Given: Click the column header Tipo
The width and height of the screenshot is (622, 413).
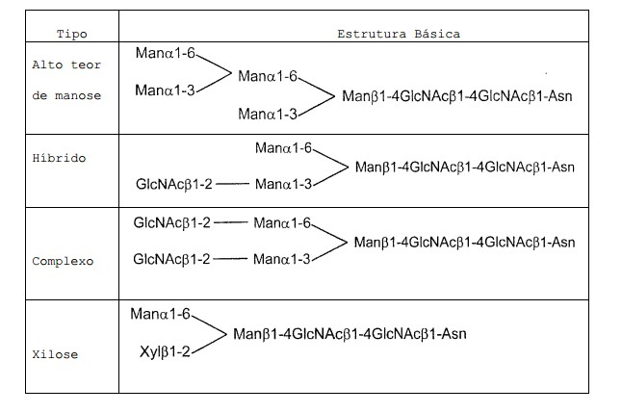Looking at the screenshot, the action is coord(72,34).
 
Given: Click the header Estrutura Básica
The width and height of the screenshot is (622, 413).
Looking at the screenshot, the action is coord(399,34).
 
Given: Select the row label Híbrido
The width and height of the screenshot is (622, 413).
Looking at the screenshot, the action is coord(59,158).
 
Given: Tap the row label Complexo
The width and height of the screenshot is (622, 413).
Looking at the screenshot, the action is coord(63,261).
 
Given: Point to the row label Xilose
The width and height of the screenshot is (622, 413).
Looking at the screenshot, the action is coord(55,354).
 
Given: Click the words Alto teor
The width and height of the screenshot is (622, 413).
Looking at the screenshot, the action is coord(66,65).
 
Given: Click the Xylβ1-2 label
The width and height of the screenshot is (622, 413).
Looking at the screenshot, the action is coord(165,352).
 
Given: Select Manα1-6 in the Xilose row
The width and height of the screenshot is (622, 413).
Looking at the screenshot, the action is coord(160,314).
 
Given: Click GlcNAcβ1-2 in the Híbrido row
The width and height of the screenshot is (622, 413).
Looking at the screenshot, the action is coord(174,184).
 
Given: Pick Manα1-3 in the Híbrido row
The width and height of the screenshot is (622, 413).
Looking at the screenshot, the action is coord(283,184).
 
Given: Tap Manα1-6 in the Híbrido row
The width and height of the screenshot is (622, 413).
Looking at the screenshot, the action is coord(283,148).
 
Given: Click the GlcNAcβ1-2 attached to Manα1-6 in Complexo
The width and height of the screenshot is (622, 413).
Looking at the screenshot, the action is coord(171,223).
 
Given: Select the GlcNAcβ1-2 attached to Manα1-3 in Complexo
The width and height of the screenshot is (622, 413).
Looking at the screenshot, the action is coord(171,259).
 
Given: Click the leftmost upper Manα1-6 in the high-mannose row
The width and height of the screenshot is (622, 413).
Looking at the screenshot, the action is coord(165,53).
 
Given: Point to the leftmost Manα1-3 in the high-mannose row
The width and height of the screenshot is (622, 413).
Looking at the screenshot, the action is coord(165,90).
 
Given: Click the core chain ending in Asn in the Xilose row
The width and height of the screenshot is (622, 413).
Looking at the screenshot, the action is coord(350,334).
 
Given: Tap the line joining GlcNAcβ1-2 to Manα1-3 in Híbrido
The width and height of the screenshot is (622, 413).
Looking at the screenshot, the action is coord(232,184).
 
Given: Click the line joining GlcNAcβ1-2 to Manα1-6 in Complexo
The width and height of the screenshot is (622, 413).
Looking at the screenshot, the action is coord(230,222).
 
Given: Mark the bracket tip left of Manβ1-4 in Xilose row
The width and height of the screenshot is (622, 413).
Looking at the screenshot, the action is coord(226,334).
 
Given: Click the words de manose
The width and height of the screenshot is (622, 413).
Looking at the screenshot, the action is coord(66,95).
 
